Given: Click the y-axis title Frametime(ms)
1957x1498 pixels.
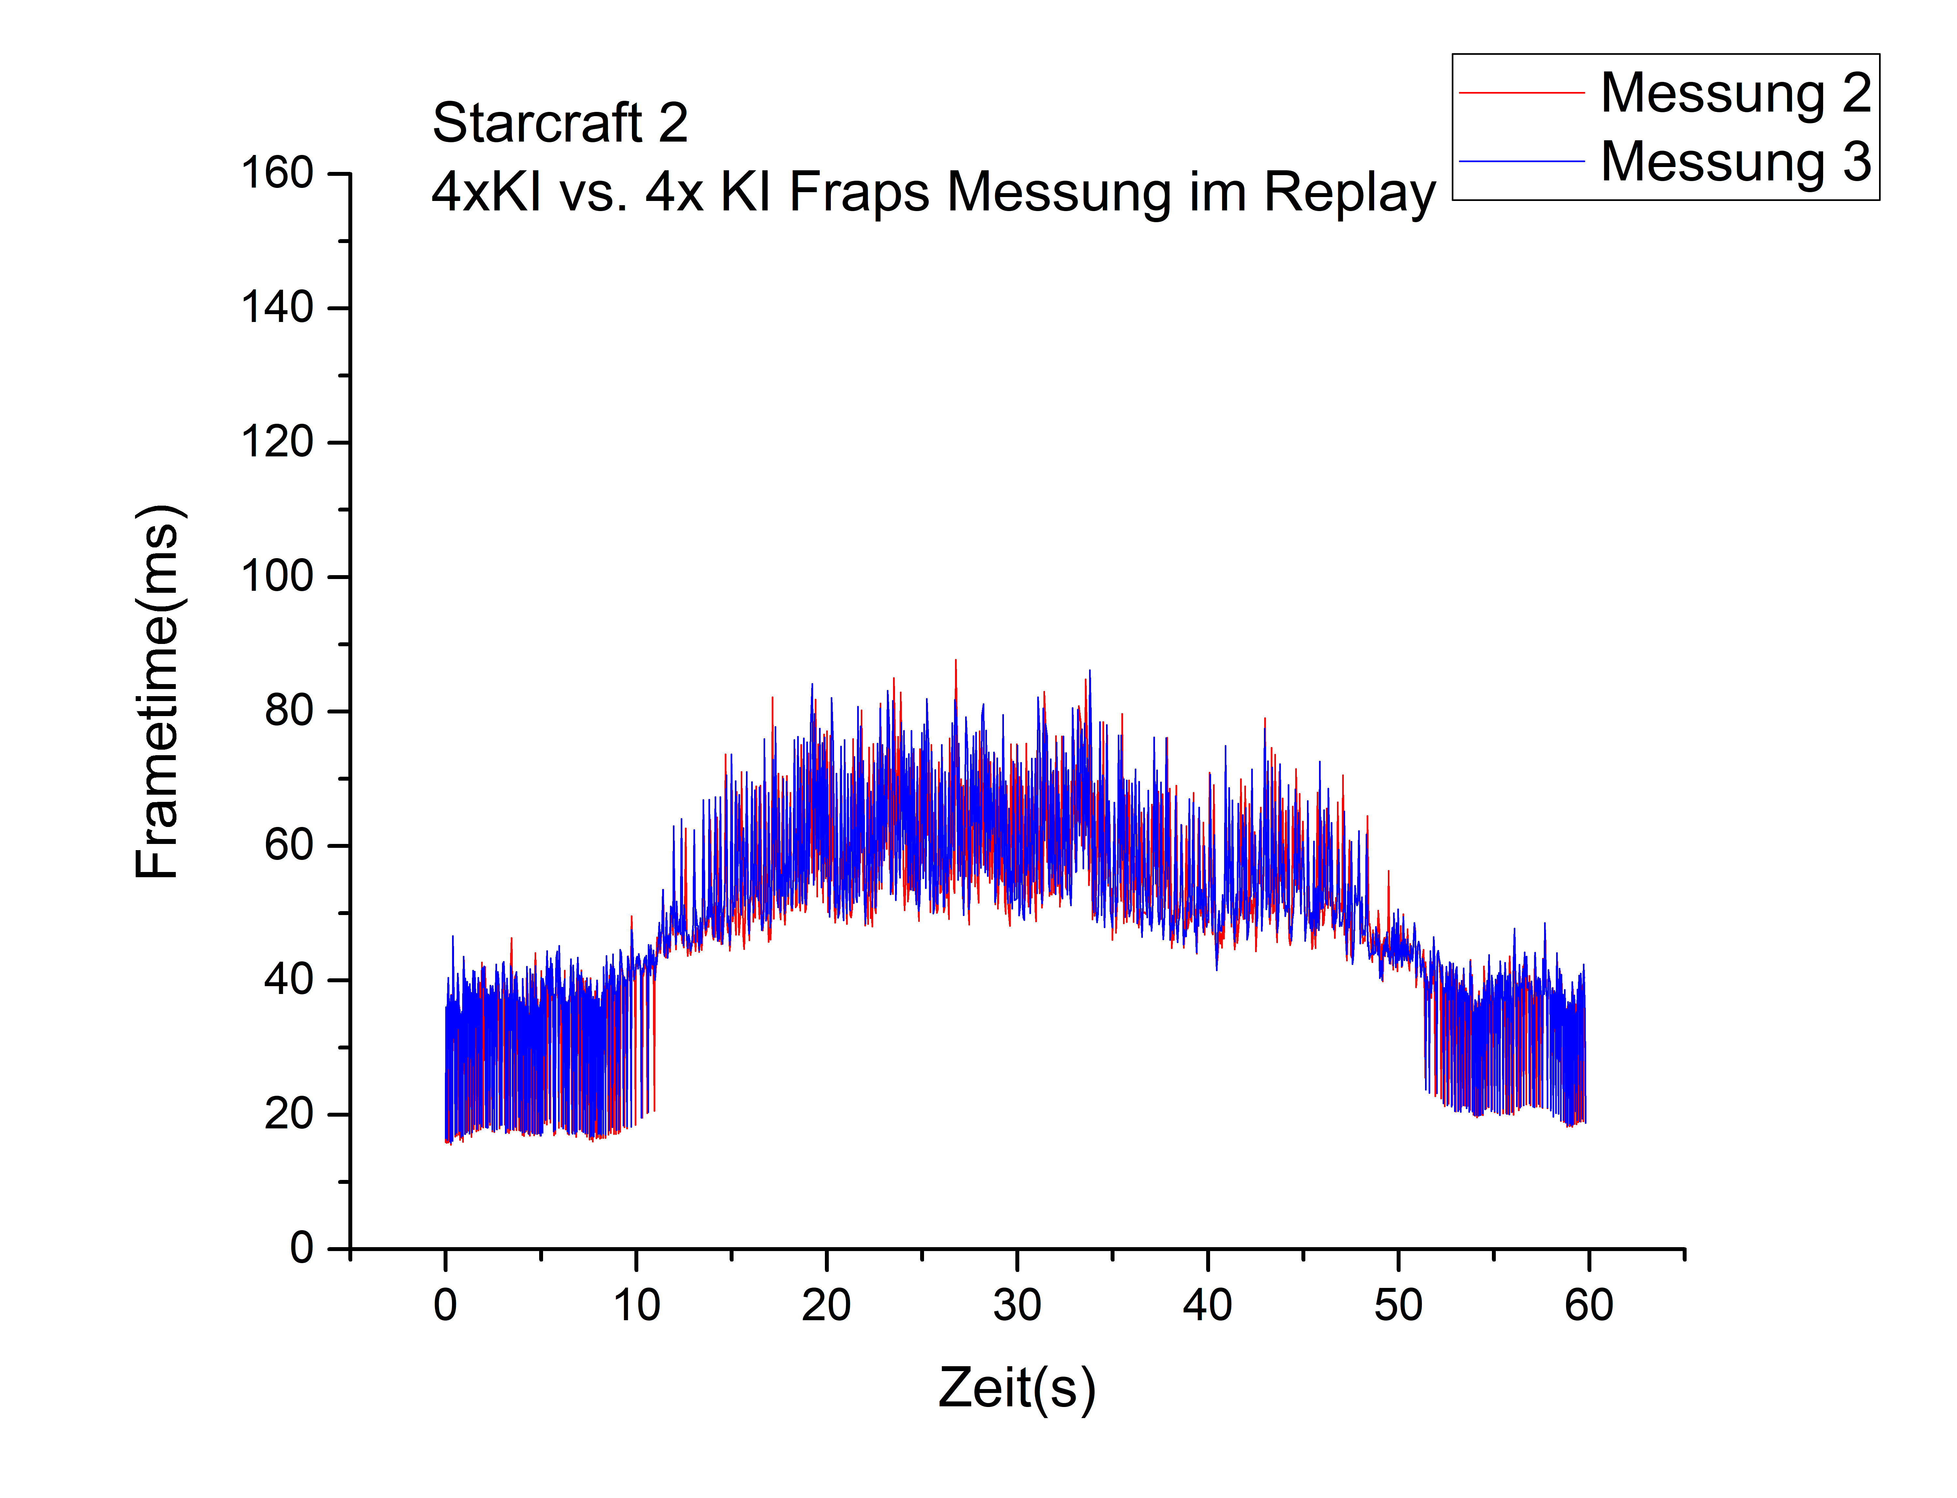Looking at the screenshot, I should [x=159, y=691].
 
